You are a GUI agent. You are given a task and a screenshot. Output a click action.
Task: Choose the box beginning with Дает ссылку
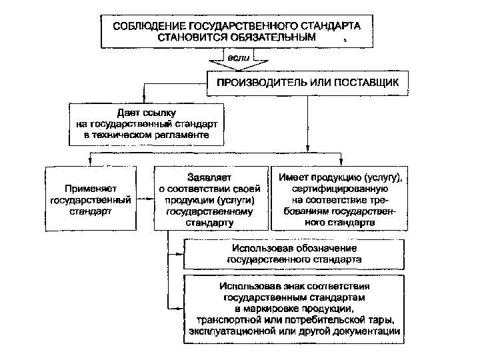(x=147, y=124)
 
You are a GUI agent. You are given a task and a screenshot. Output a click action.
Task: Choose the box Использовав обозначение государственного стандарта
(x=294, y=253)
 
